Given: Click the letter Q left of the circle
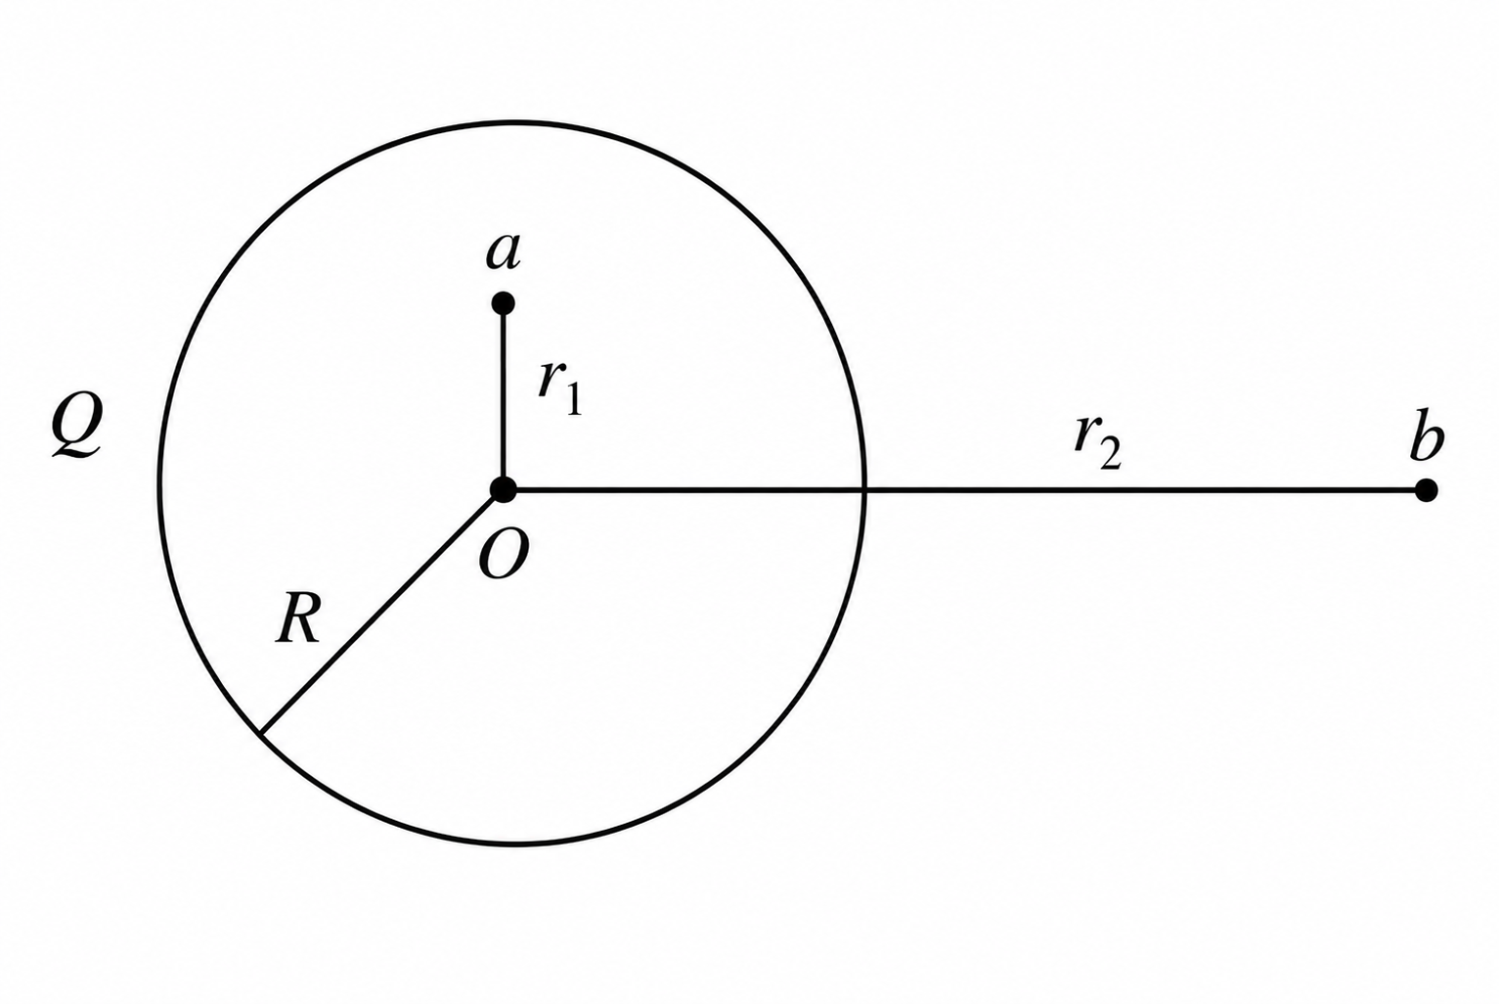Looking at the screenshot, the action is (77, 426).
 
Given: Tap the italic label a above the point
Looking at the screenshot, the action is (504, 253).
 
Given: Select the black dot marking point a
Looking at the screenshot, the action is (503, 303).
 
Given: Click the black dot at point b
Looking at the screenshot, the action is (1426, 490).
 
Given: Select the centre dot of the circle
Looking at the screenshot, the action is (504, 490).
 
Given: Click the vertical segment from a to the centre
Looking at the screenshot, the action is (503, 396).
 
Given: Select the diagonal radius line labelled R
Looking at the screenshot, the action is (382, 612).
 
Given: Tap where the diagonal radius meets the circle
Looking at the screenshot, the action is (262, 732).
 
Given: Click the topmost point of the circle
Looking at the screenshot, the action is (512, 123).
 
